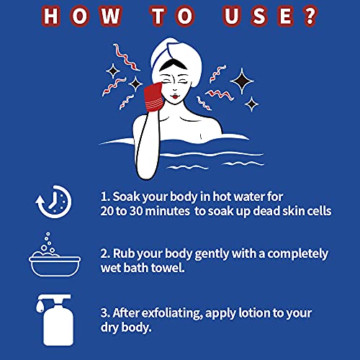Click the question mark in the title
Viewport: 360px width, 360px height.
point(310,17)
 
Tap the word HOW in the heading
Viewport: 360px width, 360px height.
point(82,17)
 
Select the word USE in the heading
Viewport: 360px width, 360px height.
point(259,17)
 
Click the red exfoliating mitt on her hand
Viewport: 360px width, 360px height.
point(156,96)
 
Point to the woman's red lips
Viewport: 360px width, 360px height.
point(175,97)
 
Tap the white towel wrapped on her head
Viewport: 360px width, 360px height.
point(176,60)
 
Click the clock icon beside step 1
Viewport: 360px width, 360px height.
point(54,202)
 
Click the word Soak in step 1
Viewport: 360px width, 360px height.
point(126,197)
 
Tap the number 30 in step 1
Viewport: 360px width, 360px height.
point(136,211)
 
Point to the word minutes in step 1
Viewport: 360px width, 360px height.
point(168,211)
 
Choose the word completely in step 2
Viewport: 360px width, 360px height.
point(297,254)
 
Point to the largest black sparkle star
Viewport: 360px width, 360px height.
point(242,81)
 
